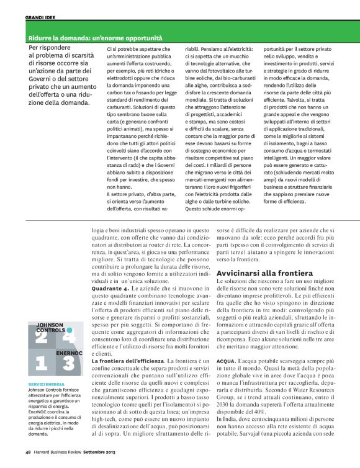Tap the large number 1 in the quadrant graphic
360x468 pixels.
click(41, 362)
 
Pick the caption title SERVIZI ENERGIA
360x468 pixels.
click(46, 384)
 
